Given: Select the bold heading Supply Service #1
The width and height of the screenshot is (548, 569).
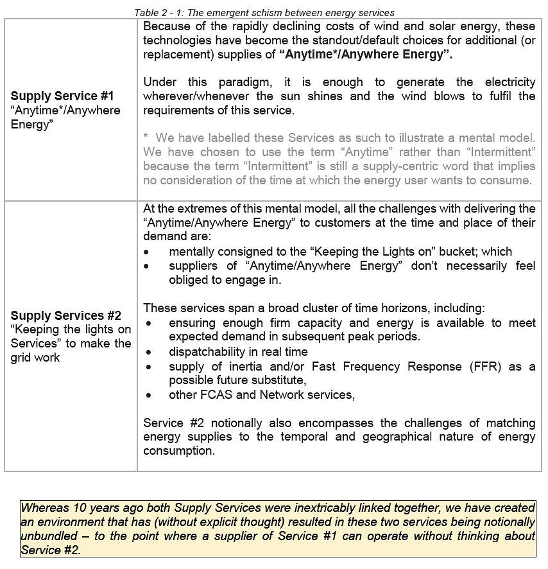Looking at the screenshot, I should (62, 96).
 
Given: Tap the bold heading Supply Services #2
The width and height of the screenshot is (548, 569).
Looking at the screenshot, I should (65, 315).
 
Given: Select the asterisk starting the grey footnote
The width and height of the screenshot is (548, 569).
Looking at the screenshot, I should (146, 137).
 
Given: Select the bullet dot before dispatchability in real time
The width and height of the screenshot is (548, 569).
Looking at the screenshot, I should (149, 352).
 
